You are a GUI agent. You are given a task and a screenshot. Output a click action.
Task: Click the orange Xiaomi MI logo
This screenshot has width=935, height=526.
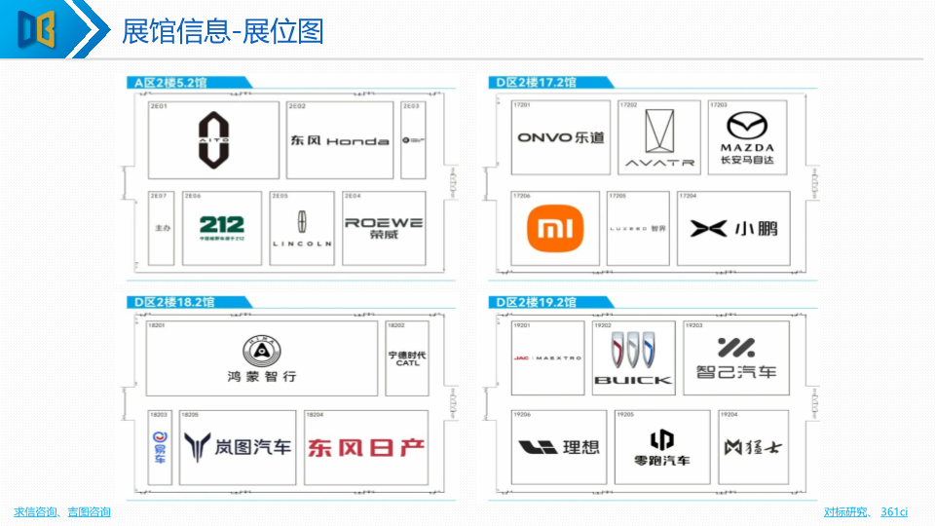[557, 229]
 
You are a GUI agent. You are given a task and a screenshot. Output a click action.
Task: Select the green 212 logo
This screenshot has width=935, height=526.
[221, 227]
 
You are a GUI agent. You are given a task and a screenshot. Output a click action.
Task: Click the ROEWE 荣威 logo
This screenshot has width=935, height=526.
[384, 227]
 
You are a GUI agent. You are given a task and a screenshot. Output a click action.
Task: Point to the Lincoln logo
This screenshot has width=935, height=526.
[302, 230]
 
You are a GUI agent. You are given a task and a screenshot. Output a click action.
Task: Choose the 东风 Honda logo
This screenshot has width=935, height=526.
[339, 140]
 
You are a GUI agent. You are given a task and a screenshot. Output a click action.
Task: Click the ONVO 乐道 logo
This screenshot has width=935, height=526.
[560, 137]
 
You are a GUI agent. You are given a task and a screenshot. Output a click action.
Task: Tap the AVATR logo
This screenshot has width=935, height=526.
[659, 137]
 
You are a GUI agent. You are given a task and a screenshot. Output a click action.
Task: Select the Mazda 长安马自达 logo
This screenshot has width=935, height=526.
[747, 138]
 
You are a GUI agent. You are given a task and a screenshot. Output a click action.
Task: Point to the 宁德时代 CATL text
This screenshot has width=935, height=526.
[407, 358]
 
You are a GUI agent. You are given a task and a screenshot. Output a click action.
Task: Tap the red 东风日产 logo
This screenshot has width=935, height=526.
[366, 447]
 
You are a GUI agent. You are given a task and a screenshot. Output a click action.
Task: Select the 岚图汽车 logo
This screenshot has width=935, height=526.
[238, 446]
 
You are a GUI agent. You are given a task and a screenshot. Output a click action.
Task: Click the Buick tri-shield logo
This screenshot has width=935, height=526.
[633, 357]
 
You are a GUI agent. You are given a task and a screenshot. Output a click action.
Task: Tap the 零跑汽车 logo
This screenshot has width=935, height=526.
[661, 447]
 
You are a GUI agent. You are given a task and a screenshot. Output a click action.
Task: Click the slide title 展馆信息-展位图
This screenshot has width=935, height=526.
[222, 31]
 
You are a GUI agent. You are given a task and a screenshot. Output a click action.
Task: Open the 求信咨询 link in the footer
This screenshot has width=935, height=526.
[36, 512]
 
